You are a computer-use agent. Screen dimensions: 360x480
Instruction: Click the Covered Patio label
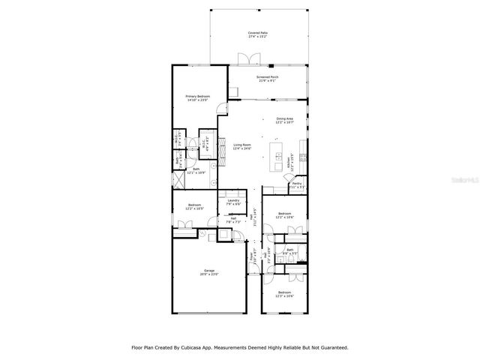click(x=258, y=34)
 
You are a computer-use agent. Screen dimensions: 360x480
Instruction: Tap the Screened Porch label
click(x=268, y=78)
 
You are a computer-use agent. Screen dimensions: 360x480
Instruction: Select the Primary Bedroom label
click(x=198, y=97)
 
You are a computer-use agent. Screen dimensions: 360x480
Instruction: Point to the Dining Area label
click(x=284, y=120)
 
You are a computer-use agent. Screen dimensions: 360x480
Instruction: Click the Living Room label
click(x=241, y=146)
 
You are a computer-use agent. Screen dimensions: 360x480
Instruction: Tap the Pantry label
click(x=297, y=184)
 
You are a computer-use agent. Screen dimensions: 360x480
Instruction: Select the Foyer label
click(x=252, y=255)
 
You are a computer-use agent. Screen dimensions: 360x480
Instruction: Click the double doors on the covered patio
click(x=244, y=59)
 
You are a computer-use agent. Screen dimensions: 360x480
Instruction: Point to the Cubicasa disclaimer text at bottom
click(x=240, y=347)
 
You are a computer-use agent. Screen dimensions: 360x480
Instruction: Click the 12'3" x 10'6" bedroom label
click(x=284, y=294)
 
